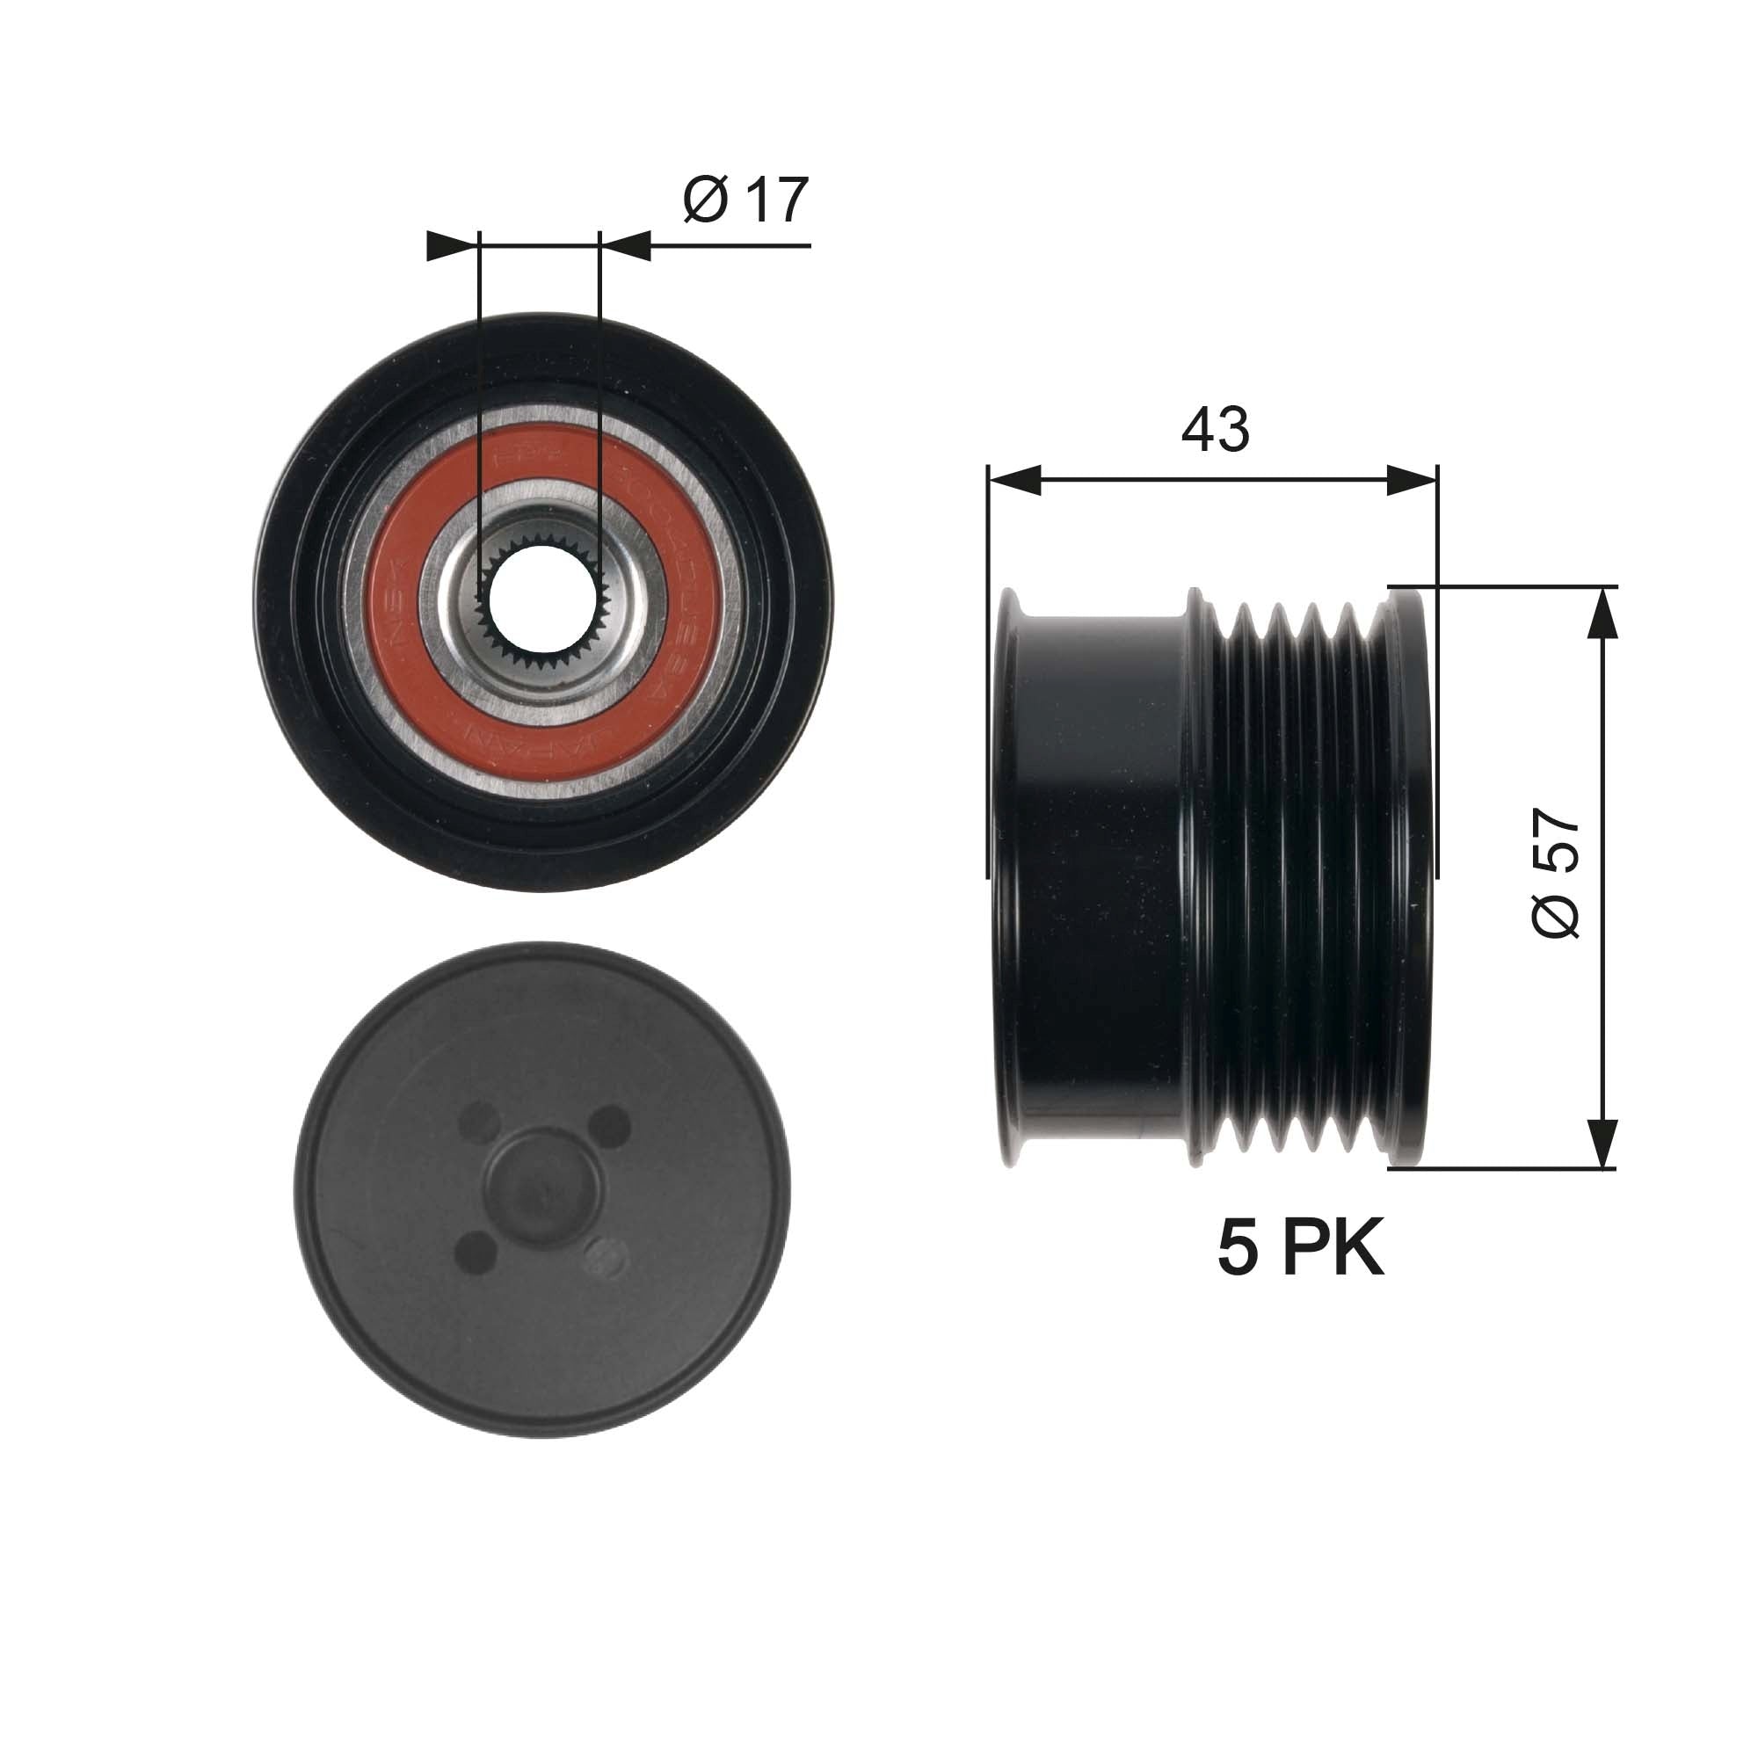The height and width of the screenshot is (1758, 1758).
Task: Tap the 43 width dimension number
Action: coord(1215,429)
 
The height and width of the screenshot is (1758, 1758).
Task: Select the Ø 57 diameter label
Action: coord(1555,872)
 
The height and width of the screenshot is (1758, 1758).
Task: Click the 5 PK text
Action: coord(1300,1248)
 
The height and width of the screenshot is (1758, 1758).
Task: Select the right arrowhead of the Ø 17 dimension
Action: coord(626,246)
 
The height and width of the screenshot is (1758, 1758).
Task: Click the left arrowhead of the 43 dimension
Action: coord(1013,481)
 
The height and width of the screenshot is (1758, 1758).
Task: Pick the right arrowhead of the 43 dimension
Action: coord(1413,481)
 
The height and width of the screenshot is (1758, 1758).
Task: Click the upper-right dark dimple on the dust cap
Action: coord(610,1126)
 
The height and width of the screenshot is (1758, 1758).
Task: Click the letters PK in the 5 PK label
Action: coord(1333,1248)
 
